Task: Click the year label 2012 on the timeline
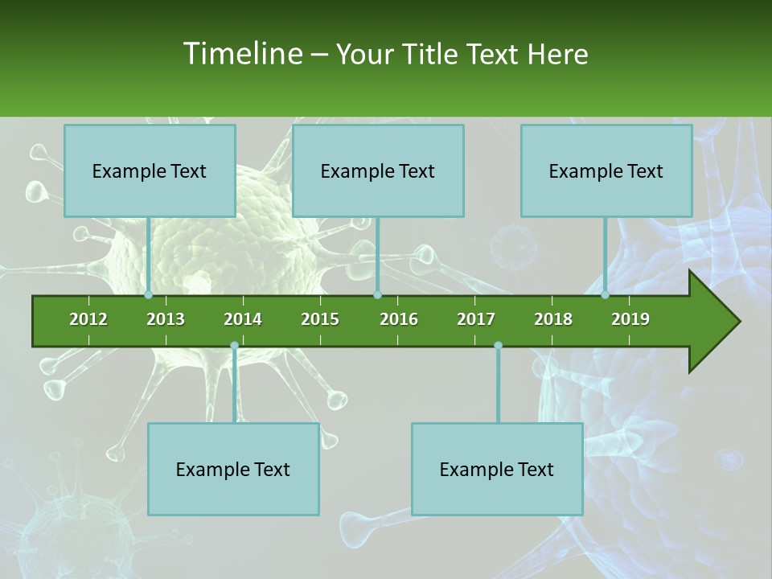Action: coord(88,319)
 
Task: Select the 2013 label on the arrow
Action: coord(166,319)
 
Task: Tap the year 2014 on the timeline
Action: coord(243,319)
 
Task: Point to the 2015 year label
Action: coord(320,319)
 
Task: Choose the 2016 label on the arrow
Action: coord(399,319)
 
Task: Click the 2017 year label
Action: coord(476,319)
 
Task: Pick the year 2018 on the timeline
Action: coord(553,319)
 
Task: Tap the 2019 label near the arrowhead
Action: coord(630,319)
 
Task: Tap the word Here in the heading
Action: coord(557,54)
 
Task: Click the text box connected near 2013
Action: coord(150,170)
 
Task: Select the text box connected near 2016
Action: coord(378,170)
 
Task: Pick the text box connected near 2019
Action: coord(606,170)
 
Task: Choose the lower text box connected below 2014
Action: coord(233,469)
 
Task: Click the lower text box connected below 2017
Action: coord(497,469)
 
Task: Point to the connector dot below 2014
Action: coord(234,345)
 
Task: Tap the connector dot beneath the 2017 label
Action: coord(498,345)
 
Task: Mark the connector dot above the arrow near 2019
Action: coord(606,294)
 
